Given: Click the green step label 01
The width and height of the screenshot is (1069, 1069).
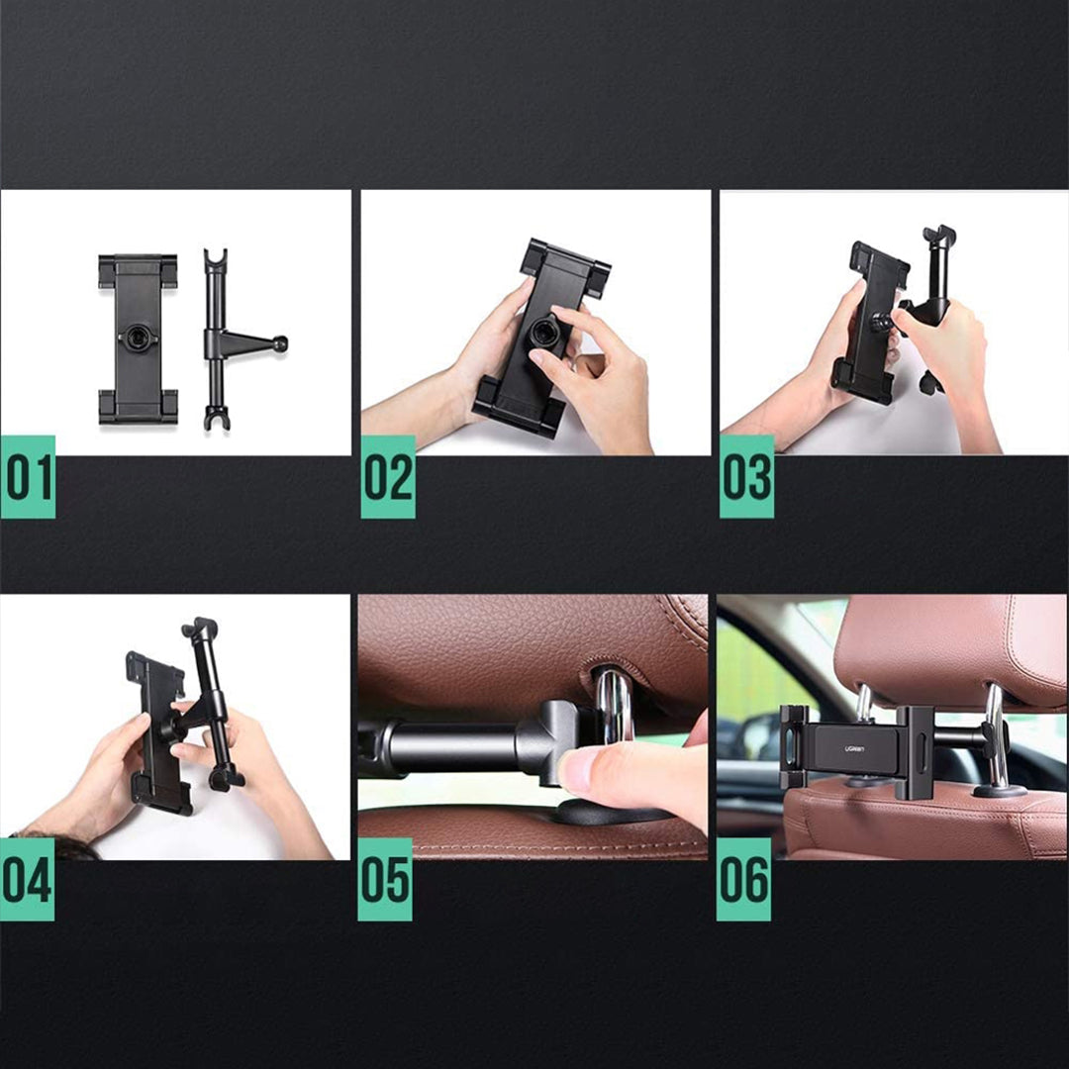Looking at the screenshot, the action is pyautogui.click(x=28, y=476).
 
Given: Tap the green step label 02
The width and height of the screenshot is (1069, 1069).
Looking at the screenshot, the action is pyautogui.click(x=388, y=476).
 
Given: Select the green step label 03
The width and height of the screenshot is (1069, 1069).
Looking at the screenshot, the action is pyautogui.click(x=746, y=476).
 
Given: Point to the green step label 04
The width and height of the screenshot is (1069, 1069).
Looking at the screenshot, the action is pyautogui.click(x=28, y=880).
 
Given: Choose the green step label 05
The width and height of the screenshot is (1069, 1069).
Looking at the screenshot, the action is pyautogui.click(x=385, y=880).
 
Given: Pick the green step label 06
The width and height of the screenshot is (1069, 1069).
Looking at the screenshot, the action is pyautogui.click(x=743, y=880).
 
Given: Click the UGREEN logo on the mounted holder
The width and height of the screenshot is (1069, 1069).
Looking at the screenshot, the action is pyautogui.click(x=855, y=749).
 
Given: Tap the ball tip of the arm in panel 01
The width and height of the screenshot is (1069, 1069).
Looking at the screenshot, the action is pyautogui.click(x=280, y=343).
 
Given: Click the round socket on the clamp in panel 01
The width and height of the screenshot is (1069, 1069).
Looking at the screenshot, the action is pyautogui.click(x=137, y=338).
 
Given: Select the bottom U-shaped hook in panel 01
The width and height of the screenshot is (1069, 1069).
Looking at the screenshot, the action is pyautogui.click(x=217, y=418).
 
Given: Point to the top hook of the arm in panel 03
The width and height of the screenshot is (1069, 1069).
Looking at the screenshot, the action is pyautogui.click(x=939, y=237).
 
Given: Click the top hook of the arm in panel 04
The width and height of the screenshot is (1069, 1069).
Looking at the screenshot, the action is pyautogui.click(x=200, y=629).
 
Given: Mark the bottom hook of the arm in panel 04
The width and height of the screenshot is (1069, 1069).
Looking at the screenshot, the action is pyautogui.click(x=225, y=778).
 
